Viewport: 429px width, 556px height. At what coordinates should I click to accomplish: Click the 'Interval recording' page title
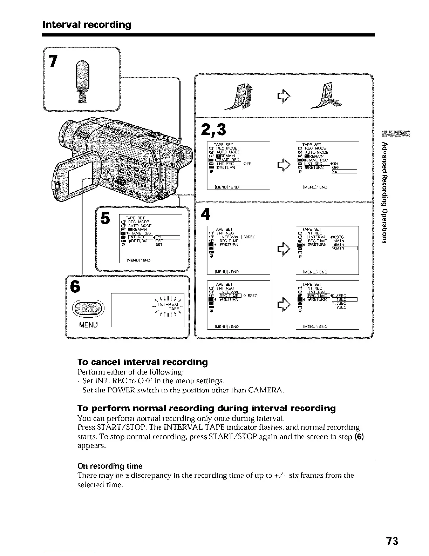click(87, 25)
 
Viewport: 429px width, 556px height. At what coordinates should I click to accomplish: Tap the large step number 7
click(53, 61)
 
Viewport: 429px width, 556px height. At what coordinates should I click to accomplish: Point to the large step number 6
click(75, 286)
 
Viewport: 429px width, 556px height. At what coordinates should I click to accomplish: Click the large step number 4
click(205, 214)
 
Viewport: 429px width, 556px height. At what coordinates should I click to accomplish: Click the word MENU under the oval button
click(88, 325)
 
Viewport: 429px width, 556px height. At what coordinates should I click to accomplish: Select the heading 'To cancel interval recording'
click(142, 362)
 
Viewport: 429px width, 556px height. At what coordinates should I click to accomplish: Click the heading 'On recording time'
click(110, 466)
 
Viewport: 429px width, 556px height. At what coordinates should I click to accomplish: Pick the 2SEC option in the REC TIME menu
click(341, 307)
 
